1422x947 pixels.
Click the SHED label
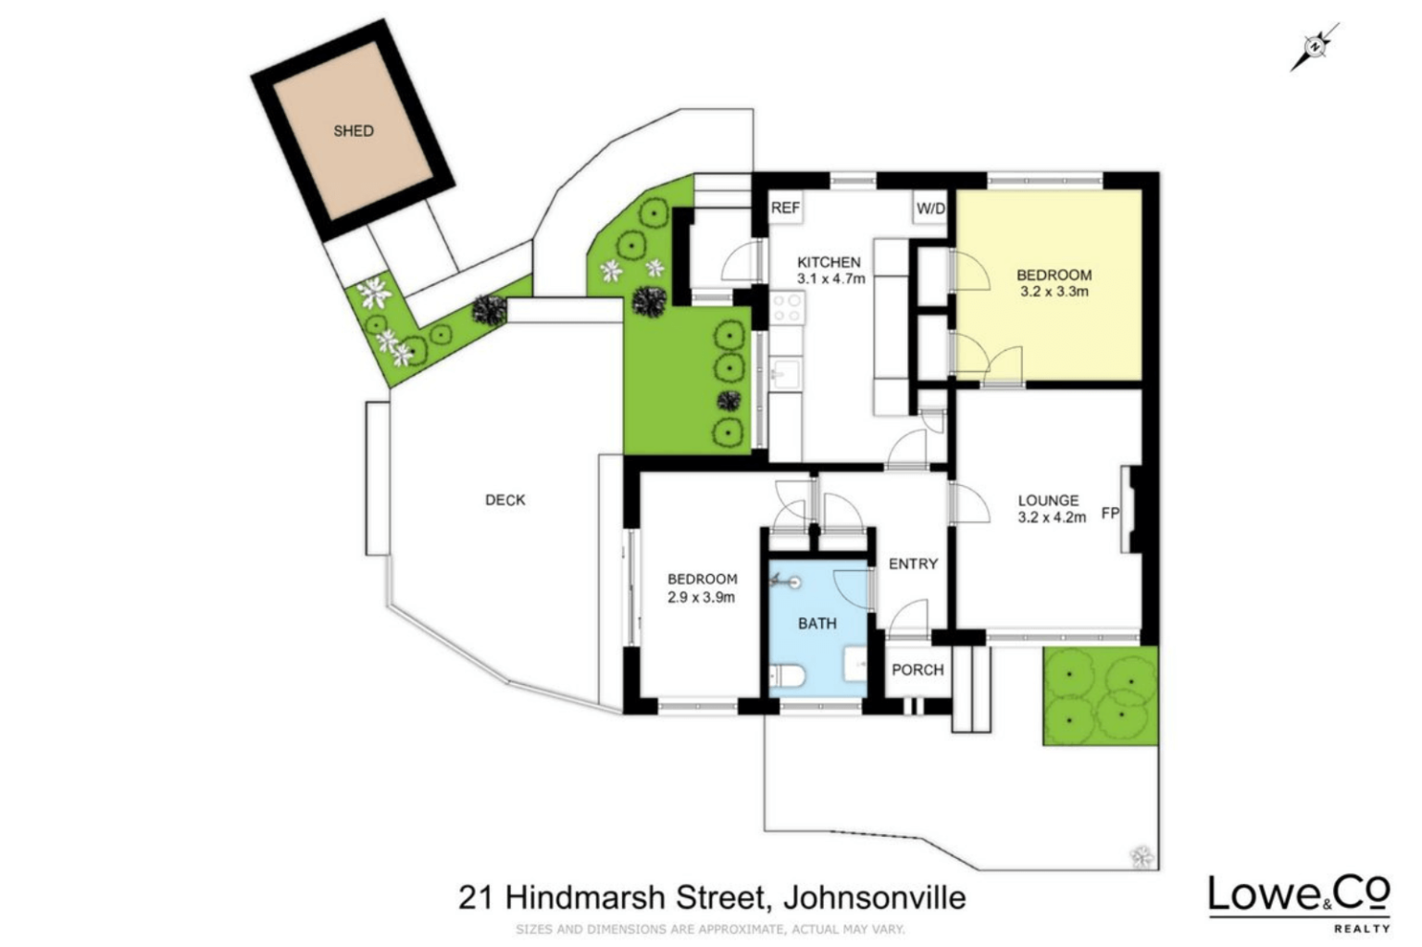click(x=354, y=131)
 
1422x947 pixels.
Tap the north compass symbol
click(x=1314, y=47)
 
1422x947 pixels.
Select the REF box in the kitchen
click(x=785, y=207)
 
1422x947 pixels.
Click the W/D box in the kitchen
click(x=930, y=208)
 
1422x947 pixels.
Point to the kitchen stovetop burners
click(x=787, y=308)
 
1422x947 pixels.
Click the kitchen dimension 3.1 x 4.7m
click(x=831, y=278)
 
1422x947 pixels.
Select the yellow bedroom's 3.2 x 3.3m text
click(x=1054, y=292)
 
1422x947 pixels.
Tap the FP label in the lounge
click(x=1110, y=513)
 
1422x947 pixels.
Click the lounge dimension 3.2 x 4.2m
click(x=1052, y=517)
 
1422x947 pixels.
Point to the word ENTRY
click(x=913, y=564)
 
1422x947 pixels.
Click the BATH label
click(x=817, y=623)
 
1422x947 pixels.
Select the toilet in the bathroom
click(x=787, y=676)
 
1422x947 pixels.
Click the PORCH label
click(x=917, y=669)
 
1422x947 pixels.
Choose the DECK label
click(x=505, y=500)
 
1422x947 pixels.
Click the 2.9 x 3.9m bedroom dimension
click(x=702, y=597)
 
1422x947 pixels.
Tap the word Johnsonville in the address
click(x=875, y=898)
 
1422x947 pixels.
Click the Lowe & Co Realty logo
click(x=1299, y=903)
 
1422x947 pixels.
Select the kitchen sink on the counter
click(x=786, y=373)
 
